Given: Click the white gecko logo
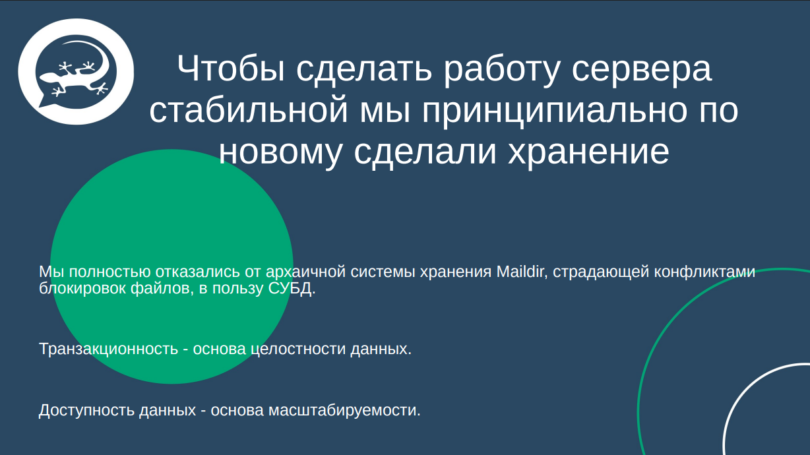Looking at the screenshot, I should pos(76,72).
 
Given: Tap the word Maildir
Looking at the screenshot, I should pos(522,272).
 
